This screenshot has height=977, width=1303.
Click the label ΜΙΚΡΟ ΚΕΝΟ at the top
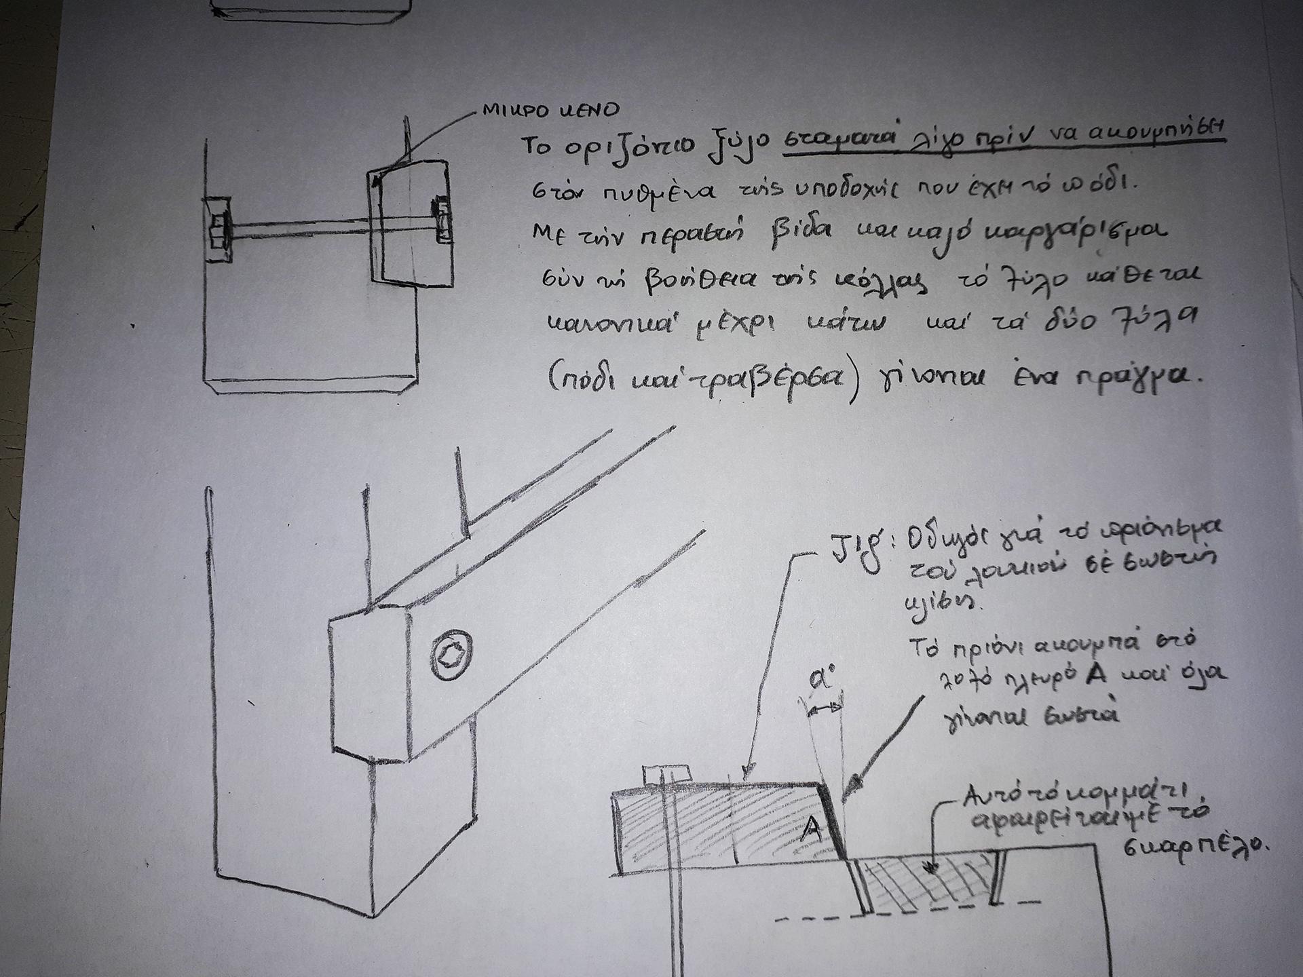tap(550, 110)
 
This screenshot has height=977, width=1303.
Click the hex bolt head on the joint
tap(451, 655)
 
